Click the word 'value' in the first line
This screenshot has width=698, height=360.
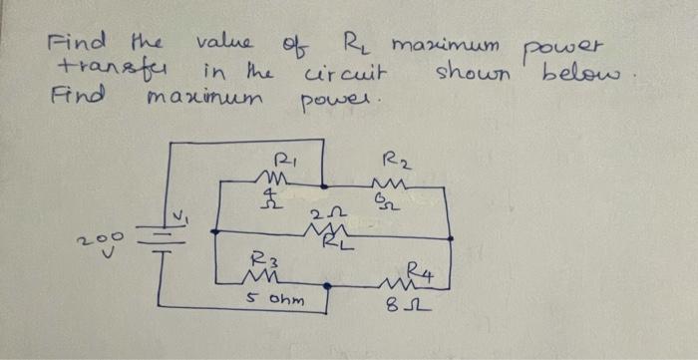click(226, 45)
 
